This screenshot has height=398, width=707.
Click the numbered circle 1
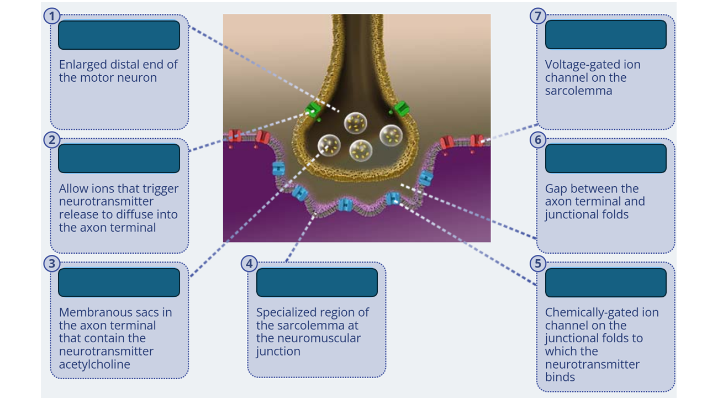click(52, 16)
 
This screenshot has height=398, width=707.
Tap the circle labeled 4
click(250, 264)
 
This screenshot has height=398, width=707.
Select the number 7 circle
click(539, 16)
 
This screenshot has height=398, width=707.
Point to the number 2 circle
click(52, 140)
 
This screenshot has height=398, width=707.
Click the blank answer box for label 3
click(119, 282)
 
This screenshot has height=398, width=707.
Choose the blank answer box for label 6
click(605, 159)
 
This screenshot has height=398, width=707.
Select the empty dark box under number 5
click(605, 282)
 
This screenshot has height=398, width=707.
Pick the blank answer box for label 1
click(119, 35)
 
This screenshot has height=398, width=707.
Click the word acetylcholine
click(94, 364)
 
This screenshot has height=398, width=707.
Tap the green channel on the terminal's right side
click(402, 109)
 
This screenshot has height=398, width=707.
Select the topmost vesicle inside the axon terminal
click(356, 122)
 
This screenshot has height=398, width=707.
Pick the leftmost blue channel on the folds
click(278, 169)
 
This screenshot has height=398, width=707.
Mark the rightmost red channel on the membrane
click(477, 141)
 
